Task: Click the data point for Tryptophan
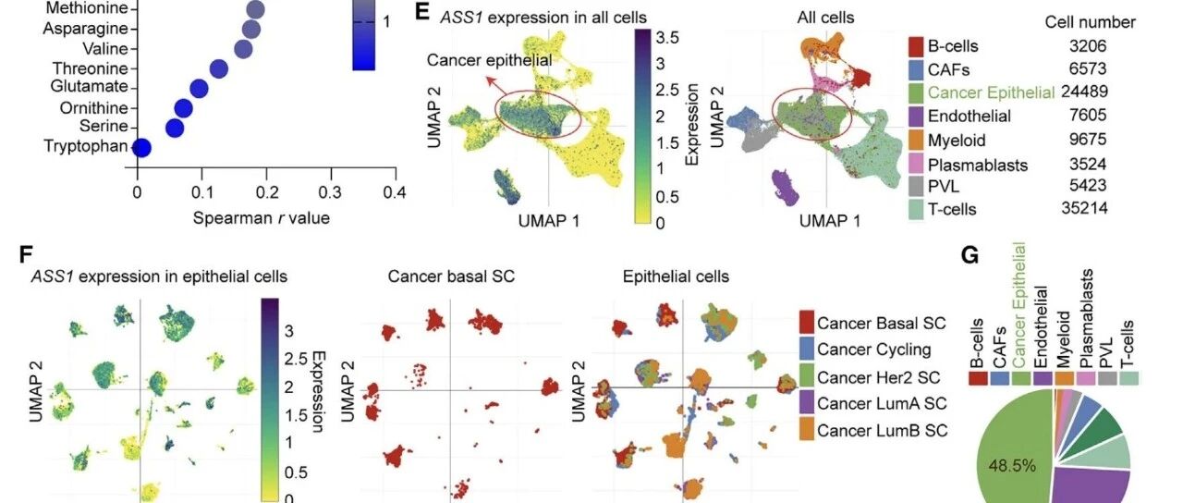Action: pyautogui.click(x=141, y=148)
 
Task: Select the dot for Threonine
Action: pyautogui.click(x=218, y=68)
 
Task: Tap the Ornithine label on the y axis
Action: pyautogui.click(x=94, y=108)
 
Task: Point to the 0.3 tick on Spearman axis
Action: pyautogui.click(x=330, y=192)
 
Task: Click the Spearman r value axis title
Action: pyautogui.click(x=261, y=217)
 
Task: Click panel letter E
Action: pyautogui.click(x=422, y=12)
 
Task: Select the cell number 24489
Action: pyautogui.click(x=1084, y=92)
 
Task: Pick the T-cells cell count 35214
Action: pyautogui.click(x=1084, y=208)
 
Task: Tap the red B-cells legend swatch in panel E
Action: pyautogui.click(x=916, y=46)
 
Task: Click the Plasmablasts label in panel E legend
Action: pyautogui.click(x=978, y=165)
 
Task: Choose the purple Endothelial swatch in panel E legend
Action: pyautogui.click(x=916, y=117)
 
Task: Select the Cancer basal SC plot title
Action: pyautogui.click(x=451, y=276)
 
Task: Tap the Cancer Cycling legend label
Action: pyautogui.click(x=874, y=350)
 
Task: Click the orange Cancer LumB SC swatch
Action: pyautogui.click(x=807, y=430)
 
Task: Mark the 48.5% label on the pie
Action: pyautogui.click(x=1012, y=466)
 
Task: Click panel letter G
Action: pyautogui.click(x=970, y=255)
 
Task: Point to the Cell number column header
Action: pyautogui.click(x=1090, y=22)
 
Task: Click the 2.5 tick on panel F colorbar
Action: pyautogui.click(x=296, y=359)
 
